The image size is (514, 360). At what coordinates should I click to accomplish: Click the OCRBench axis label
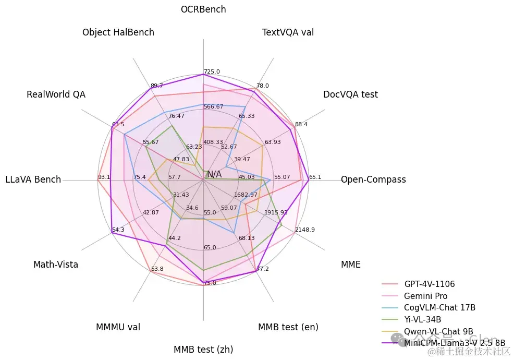click(203, 9)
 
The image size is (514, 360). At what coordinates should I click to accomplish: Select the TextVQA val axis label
click(288, 33)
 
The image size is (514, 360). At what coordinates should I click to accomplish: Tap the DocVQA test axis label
click(350, 94)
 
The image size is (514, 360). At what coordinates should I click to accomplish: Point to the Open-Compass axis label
click(373, 180)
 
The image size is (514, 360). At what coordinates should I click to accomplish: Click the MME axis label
click(350, 265)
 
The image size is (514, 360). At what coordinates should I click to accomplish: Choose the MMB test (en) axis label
click(288, 327)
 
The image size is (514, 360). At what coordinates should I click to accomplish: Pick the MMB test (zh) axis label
click(203, 350)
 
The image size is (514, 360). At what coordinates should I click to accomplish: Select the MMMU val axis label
click(118, 327)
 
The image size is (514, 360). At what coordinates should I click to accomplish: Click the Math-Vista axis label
click(56, 265)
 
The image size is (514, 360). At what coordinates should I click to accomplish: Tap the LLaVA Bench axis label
click(33, 180)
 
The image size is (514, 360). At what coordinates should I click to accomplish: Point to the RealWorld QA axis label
click(56, 94)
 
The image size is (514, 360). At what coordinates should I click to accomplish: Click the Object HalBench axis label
click(118, 33)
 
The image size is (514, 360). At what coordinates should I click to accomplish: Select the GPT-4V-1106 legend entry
click(429, 284)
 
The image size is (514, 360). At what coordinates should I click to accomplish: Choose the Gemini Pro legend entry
click(425, 296)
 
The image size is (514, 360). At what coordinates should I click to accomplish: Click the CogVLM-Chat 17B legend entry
click(439, 308)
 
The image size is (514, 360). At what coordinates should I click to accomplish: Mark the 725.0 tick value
click(212, 72)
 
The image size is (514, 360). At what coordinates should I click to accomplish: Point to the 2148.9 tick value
click(304, 230)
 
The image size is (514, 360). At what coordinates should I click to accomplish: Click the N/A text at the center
click(214, 174)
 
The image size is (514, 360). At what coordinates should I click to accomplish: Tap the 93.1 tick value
click(104, 177)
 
